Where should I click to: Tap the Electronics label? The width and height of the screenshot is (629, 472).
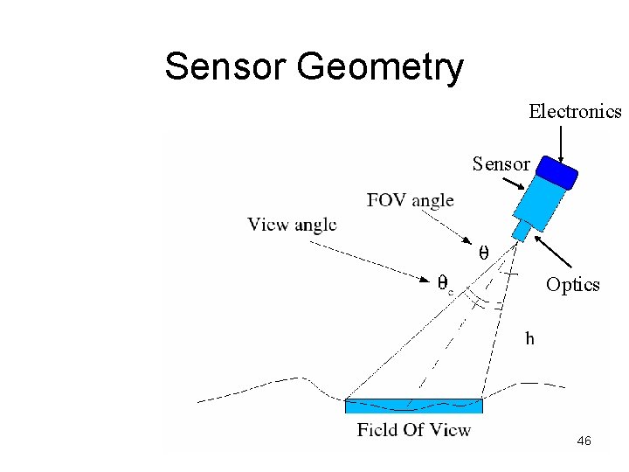[574, 112]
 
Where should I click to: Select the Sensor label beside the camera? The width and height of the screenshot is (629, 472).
[501, 163]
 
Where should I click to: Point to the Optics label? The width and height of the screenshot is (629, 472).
[572, 285]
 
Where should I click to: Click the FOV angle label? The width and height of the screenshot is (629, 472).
[410, 200]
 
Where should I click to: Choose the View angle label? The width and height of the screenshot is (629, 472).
[292, 225]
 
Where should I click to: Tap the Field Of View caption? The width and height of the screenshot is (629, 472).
[413, 429]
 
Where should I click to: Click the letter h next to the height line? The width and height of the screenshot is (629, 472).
[529, 338]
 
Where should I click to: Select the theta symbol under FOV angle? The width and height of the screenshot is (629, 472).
[482, 253]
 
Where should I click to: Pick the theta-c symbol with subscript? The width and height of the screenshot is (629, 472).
[445, 283]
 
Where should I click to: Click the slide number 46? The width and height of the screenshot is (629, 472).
[584, 441]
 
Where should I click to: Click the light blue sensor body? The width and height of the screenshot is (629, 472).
[538, 199]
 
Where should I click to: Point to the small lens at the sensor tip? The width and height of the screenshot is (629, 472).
[521, 231]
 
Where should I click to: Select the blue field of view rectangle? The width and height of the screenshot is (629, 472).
[413, 406]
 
